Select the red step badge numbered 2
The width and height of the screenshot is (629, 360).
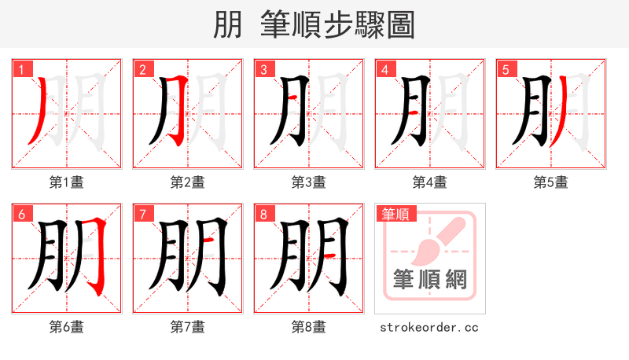click(x=142, y=69)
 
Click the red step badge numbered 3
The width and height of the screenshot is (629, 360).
click(x=263, y=69)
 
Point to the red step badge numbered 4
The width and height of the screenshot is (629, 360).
click(x=384, y=69)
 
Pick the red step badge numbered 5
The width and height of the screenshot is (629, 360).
click(x=506, y=69)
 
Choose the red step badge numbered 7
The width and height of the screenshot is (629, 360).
click(x=142, y=214)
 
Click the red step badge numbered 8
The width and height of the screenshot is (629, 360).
click(x=263, y=214)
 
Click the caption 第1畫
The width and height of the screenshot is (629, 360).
click(x=67, y=182)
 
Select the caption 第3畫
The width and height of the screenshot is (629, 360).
click(x=309, y=182)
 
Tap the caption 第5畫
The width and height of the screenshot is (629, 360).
click(x=551, y=182)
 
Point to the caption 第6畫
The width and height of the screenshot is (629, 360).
click(x=67, y=327)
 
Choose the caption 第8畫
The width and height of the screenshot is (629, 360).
click(x=309, y=327)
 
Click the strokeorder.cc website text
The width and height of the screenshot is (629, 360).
click(x=429, y=327)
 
